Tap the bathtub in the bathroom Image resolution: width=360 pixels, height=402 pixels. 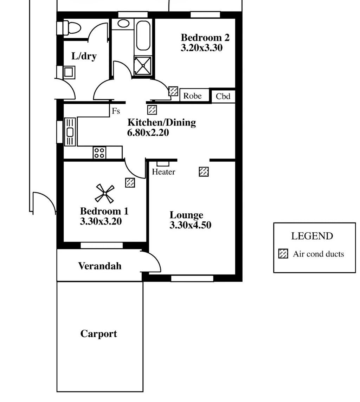tap(143, 35)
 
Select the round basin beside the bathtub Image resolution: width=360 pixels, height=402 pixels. tap(123, 23)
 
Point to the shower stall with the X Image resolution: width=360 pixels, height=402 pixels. tap(143, 66)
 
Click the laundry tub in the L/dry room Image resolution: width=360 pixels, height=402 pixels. tap(68, 72)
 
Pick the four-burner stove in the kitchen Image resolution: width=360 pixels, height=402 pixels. tap(99, 153)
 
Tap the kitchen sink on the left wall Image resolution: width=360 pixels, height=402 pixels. tap(70, 132)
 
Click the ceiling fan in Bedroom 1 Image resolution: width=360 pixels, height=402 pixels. tap(105, 194)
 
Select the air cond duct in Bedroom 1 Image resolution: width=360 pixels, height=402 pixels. tap(130, 182)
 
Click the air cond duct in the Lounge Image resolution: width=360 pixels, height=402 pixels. tap(204, 171)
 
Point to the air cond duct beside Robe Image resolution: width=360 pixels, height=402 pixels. tap(173, 91)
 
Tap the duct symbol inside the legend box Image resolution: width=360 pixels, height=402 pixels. tap(283, 254)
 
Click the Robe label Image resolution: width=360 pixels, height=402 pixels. tap(192, 96)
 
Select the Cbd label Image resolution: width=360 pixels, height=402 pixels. tap(223, 96)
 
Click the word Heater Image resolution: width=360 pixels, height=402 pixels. tap(163, 171)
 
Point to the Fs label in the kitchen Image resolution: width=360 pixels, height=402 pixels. tap(116, 111)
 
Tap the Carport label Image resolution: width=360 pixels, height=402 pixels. tap(99, 334)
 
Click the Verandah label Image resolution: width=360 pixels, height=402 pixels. tap(100, 266)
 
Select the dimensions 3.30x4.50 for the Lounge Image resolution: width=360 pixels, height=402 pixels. tap(190, 225)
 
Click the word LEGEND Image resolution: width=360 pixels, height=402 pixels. tap(312, 236)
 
